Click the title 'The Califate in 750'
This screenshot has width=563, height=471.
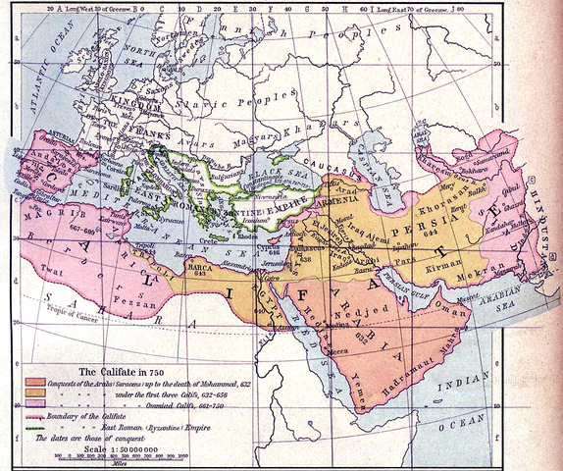(122, 371)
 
